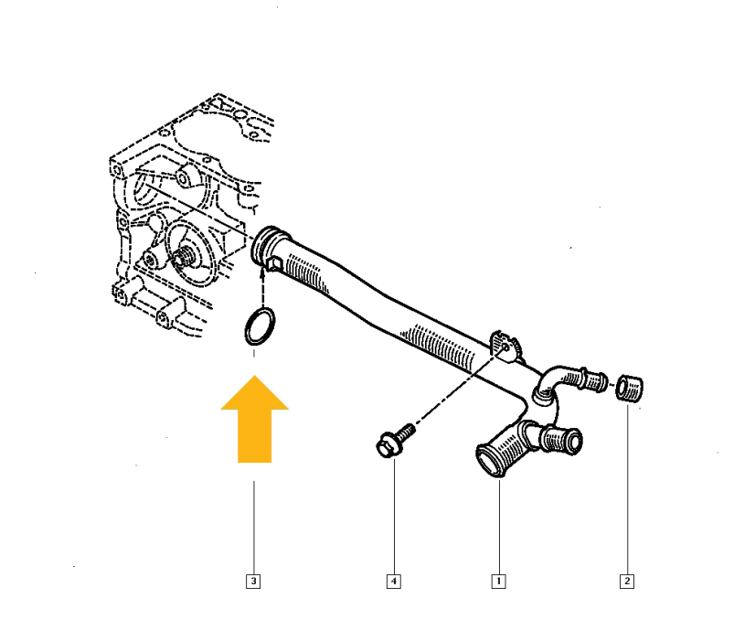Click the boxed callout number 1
click(x=498, y=580)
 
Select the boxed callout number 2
click(x=627, y=580)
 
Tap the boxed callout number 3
click(x=253, y=580)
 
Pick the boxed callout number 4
click(x=394, y=580)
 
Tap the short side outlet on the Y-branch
click(x=562, y=442)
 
